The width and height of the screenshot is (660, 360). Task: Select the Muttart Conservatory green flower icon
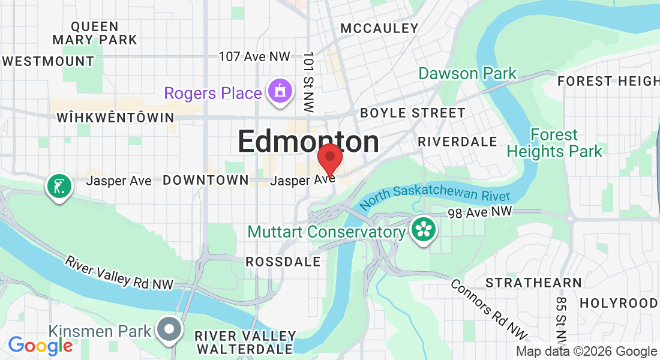click(x=424, y=230)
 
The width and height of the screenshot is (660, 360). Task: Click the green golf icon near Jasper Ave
click(x=59, y=187)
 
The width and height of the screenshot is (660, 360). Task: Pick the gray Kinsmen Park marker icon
click(x=169, y=329)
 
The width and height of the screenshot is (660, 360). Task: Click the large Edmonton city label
click(x=308, y=142)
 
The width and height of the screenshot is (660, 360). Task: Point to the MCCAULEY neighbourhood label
click(x=379, y=28)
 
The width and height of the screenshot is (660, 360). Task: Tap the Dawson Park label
click(x=467, y=74)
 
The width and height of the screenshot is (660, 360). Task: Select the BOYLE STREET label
click(x=412, y=113)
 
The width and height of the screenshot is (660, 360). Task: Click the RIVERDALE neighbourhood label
click(x=457, y=142)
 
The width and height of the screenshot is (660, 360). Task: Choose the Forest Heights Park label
click(x=554, y=143)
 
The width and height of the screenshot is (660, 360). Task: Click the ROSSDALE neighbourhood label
click(x=283, y=262)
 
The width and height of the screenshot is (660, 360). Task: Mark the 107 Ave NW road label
click(x=254, y=56)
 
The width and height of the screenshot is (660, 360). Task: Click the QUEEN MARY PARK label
click(x=95, y=33)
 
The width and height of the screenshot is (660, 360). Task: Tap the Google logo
click(x=40, y=346)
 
